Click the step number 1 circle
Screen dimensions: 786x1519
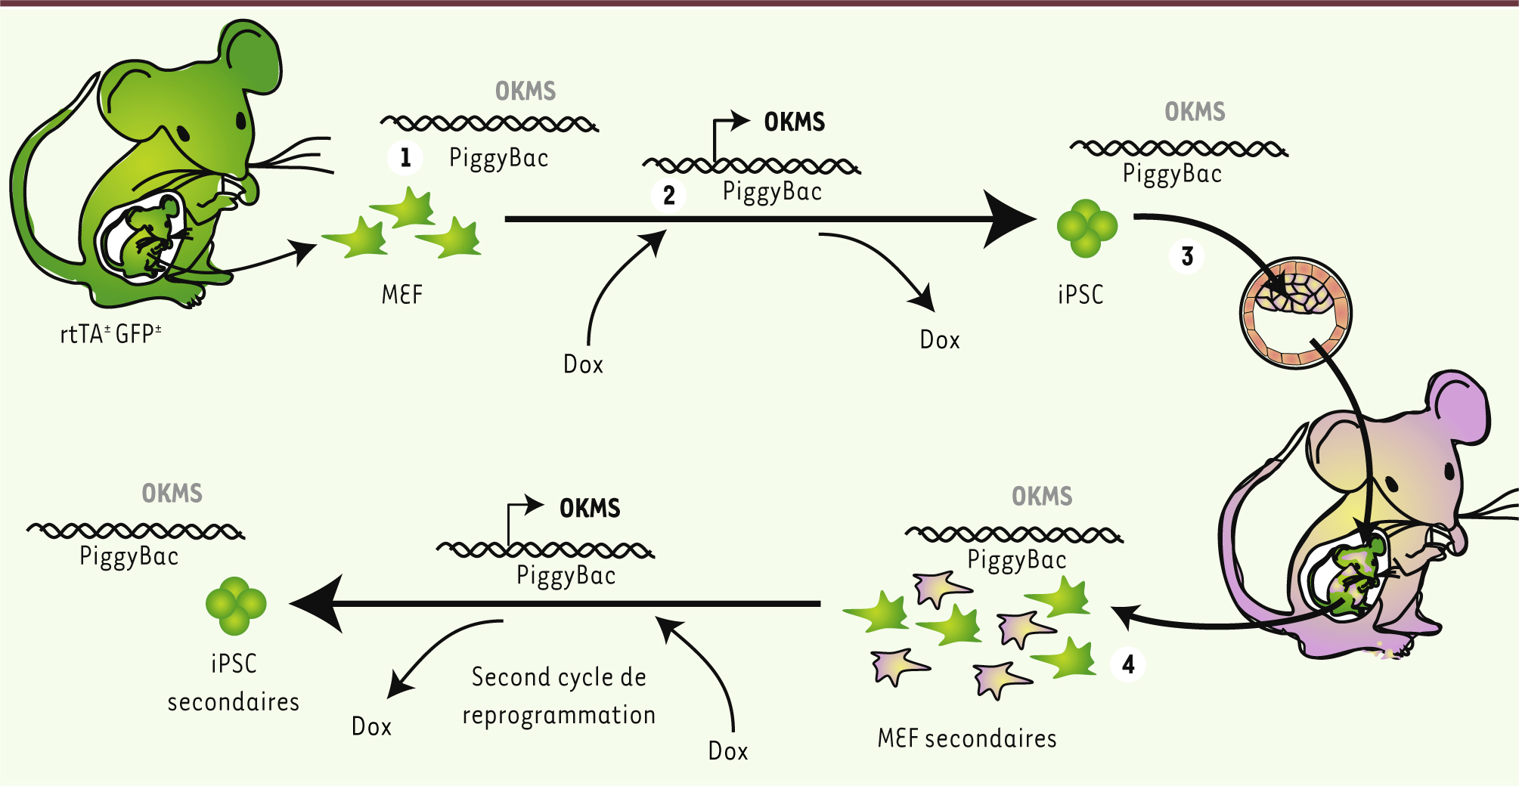pos(405,157)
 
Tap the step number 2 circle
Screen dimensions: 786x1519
pos(669,195)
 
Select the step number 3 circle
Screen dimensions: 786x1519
pos(1187,256)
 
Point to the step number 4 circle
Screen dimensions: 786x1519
pos(1128,664)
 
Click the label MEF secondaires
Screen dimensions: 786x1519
pos(966,738)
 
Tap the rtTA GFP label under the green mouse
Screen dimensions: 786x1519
pos(110,334)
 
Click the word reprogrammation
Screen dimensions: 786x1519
pos(559,715)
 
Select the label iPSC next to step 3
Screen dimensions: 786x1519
pos(1080,294)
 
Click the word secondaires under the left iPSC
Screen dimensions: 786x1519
pos(233,702)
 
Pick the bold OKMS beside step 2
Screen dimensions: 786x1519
pos(794,122)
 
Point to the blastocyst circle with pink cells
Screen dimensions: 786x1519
pos(1295,312)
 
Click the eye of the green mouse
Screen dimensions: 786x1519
pos(241,120)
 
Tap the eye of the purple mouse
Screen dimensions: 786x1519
pos(1449,472)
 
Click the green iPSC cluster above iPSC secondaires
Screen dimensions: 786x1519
pos(236,605)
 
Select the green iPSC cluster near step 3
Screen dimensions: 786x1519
pos(1087,227)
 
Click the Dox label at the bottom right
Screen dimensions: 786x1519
pos(727,750)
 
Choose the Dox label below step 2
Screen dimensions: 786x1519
pos(583,364)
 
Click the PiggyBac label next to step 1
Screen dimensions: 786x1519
pos(498,158)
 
